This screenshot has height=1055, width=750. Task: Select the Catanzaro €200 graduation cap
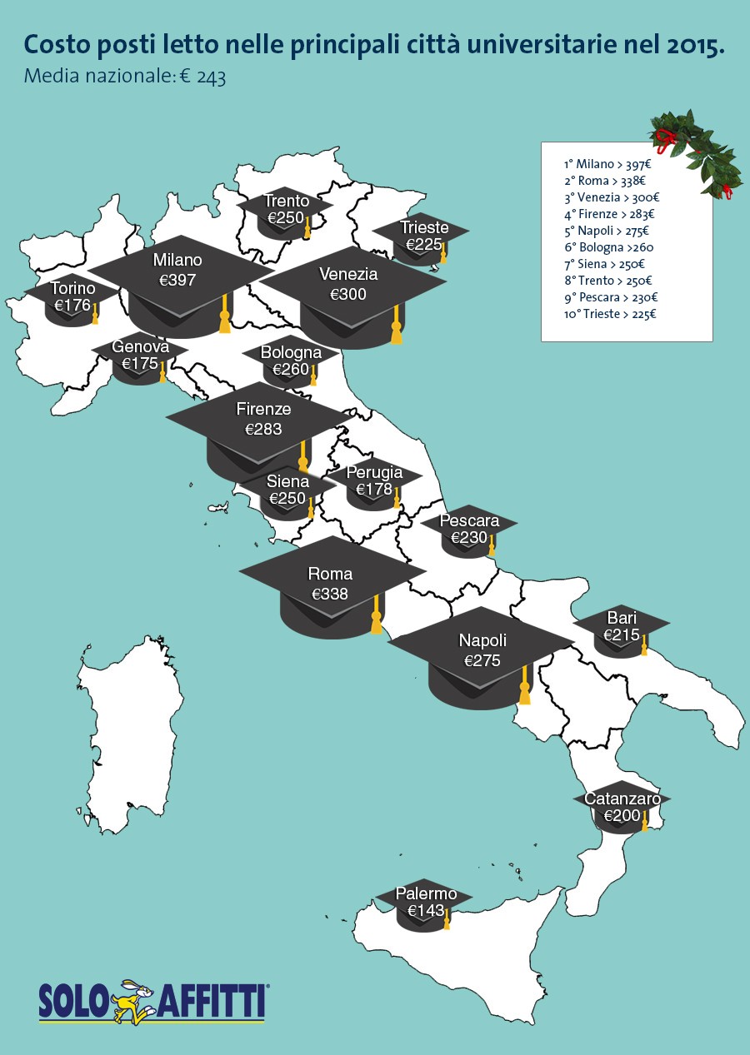pos(622,807)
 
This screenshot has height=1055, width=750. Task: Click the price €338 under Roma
pos(330,594)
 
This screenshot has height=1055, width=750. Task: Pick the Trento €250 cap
pos(286,210)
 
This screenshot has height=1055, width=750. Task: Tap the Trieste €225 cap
pos(422,236)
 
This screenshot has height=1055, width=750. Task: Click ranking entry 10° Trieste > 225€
pos(610,314)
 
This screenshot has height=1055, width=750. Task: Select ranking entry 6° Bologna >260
pos(608,247)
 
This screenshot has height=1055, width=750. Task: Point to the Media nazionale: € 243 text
pos(125,77)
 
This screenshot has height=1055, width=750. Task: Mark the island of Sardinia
pos(133,733)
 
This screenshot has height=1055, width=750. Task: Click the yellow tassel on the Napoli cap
pos(524,688)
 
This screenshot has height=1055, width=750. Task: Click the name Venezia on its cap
pos(348,274)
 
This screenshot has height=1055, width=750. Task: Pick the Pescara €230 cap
pos(469,530)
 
